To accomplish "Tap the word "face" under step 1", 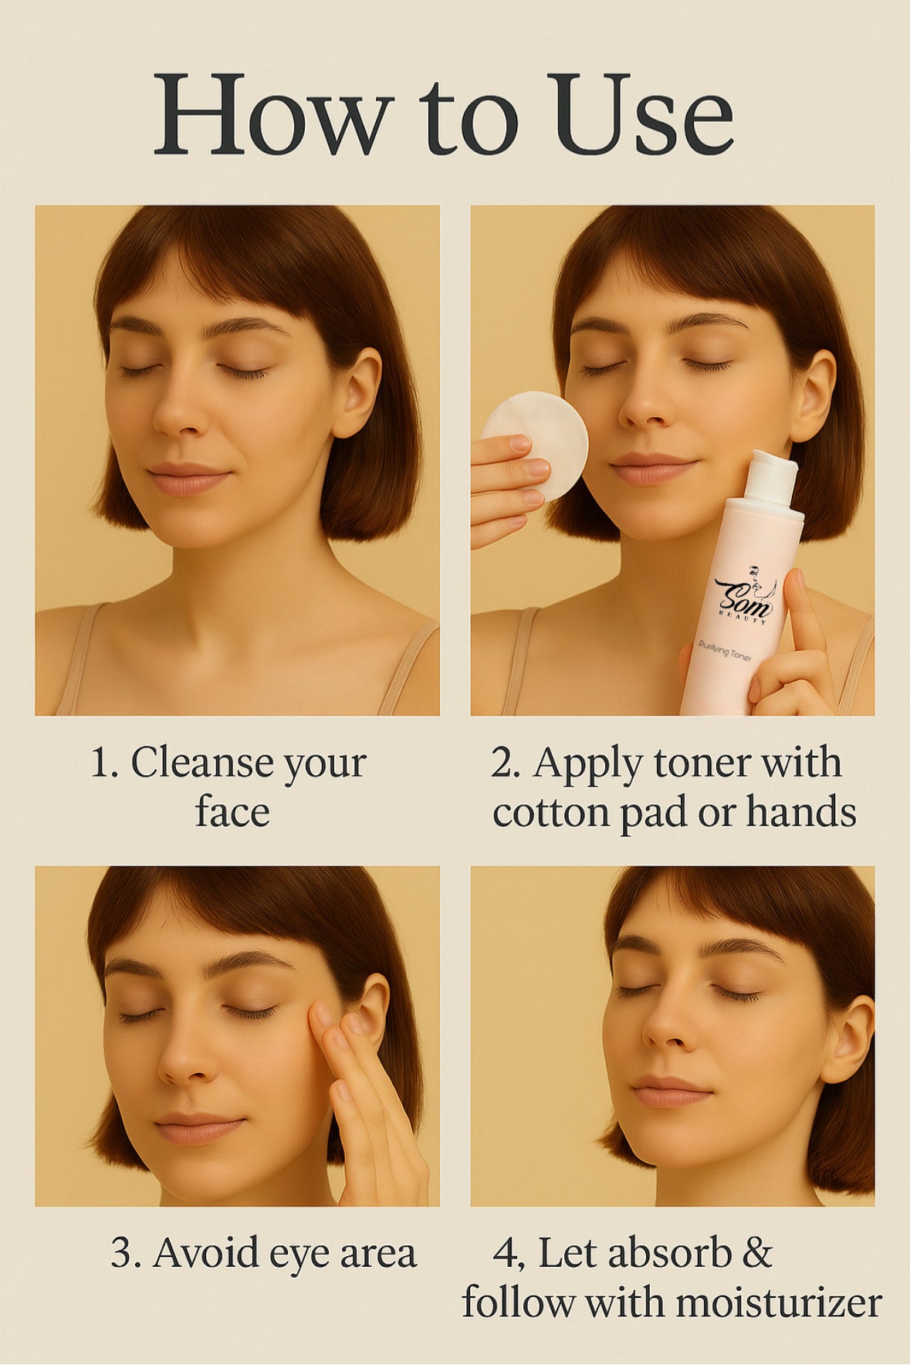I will (x=232, y=811).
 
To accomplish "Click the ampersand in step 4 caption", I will (x=756, y=1252).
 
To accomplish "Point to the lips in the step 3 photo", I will (x=199, y=1128).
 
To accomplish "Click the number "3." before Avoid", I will (x=125, y=1252).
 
